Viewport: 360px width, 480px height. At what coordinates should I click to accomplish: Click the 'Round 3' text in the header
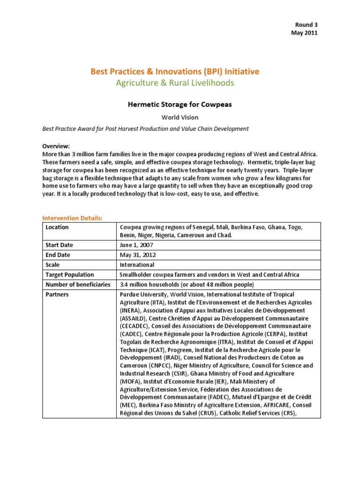click(306, 24)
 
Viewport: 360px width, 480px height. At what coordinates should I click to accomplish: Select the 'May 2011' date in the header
click(304, 33)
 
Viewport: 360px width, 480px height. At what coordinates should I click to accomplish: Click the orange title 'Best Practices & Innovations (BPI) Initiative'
click(174, 72)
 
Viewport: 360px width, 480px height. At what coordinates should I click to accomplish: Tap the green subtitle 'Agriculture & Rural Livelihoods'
click(174, 83)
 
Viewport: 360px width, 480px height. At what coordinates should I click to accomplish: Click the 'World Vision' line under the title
click(174, 117)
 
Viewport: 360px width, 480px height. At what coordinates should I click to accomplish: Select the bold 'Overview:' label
click(56, 146)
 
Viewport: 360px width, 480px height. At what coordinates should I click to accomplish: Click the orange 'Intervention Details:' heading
click(73, 218)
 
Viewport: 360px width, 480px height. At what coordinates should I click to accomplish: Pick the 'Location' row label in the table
click(57, 227)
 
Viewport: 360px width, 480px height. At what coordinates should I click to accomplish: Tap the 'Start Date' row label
click(60, 245)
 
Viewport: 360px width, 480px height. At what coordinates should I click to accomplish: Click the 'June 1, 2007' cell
click(136, 245)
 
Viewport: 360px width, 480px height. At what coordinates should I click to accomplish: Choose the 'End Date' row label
click(58, 255)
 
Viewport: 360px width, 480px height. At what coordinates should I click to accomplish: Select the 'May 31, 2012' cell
click(138, 255)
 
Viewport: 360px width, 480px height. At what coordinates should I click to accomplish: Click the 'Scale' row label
click(53, 265)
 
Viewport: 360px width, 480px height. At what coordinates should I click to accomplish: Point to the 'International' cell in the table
click(137, 265)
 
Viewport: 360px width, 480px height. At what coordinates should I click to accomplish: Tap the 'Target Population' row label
click(69, 275)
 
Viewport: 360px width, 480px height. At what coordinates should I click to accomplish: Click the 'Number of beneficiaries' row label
click(78, 285)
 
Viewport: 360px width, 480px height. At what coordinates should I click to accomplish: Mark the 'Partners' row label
click(57, 294)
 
